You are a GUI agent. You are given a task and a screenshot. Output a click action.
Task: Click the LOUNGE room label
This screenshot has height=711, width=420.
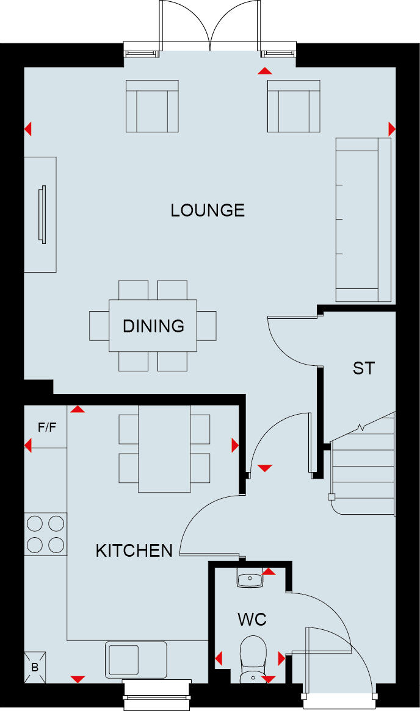[x=208, y=210]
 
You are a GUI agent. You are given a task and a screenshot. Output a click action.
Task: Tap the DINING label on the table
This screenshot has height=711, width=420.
[x=153, y=326]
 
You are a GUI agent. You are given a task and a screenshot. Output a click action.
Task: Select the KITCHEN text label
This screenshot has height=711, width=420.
[x=134, y=551]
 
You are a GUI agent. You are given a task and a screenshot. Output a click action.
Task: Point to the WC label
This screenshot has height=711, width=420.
[x=252, y=620]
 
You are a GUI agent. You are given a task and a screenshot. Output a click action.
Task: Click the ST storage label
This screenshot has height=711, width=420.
[x=363, y=368]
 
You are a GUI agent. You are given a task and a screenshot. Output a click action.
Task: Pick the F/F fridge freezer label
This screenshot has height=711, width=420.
[x=47, y=427]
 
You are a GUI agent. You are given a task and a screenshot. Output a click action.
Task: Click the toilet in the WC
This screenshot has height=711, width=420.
[x=252, y=657]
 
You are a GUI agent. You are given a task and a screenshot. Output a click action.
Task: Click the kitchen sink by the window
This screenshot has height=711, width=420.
[x=136, y=659]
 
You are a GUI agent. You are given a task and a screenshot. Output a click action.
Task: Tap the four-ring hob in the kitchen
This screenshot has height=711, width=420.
[x=45, y=534]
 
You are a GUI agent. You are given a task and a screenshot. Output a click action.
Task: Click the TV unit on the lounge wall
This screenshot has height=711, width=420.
[x=40, y=214]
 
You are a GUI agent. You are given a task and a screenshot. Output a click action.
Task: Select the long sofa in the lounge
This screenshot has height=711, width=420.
[x=363, y=220]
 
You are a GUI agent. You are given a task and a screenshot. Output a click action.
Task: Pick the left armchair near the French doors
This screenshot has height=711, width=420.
[x=152, y=106]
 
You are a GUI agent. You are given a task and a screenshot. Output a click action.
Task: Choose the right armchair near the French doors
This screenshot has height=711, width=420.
[x=294, y=106]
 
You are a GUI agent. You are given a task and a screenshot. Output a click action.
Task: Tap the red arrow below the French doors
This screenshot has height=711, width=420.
[x=264, y=71]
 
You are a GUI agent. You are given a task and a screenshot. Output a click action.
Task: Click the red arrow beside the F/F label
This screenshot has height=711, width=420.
[x=27, y=446]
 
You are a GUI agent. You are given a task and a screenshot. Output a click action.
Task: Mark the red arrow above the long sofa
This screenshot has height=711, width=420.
[x=391, y=129]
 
